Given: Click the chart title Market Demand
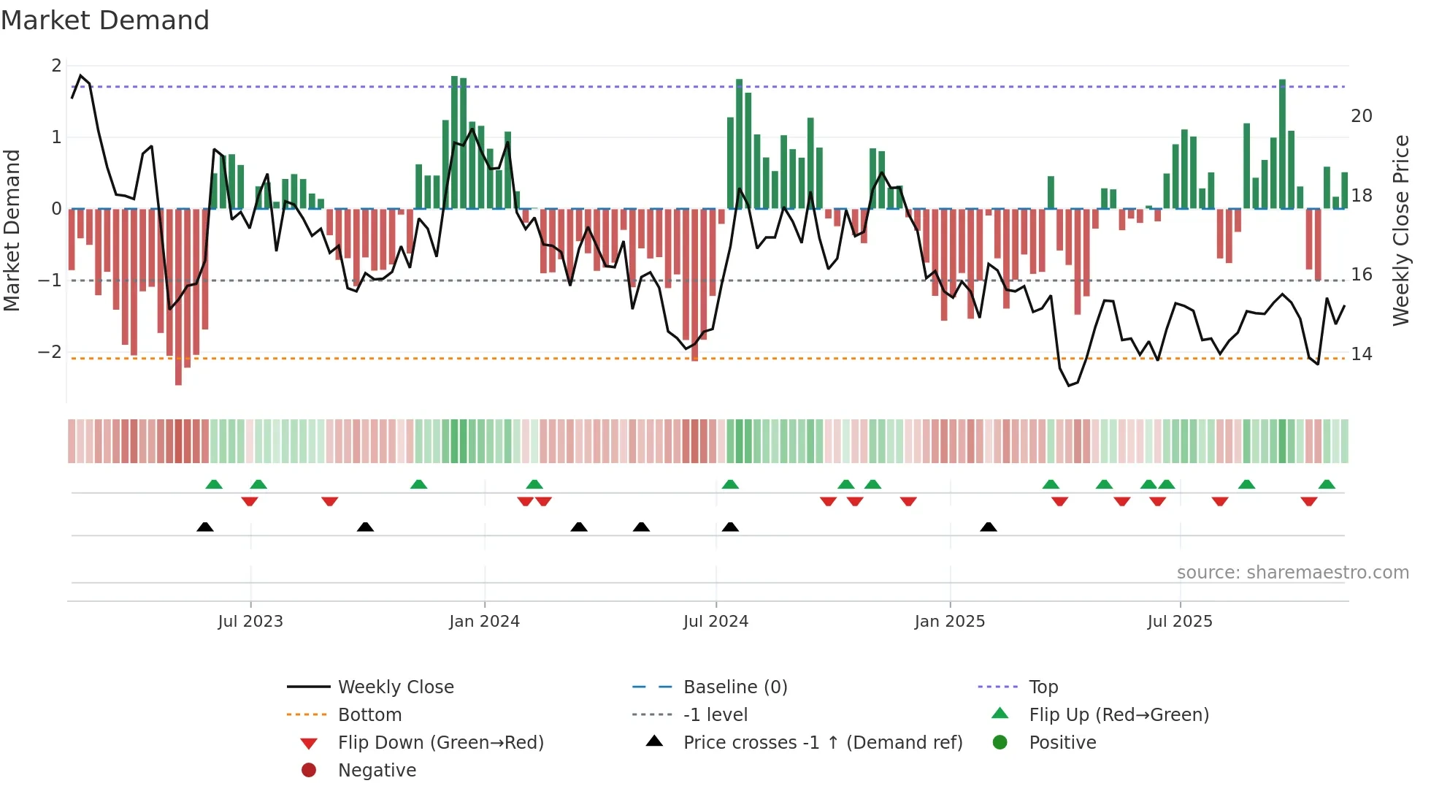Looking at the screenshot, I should tap(105, 20).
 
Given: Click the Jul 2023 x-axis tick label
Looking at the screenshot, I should tap(250, 622).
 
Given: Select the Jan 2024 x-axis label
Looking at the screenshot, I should tap(484, 622).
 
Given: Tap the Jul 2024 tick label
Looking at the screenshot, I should tap(715, 622).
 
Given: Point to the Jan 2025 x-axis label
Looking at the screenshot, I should tap(949, 622).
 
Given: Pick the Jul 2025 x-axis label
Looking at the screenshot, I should tap(1180, 622).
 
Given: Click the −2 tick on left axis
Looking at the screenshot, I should tap(50, 352).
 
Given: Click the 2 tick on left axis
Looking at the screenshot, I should tap(56, 66).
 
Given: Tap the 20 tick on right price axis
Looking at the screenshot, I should tap(1362, 116).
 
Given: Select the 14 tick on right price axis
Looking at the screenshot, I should tap(1362, 354).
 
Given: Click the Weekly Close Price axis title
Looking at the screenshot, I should tap(1400, 230).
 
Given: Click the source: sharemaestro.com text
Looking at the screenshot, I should tap(1292, 573).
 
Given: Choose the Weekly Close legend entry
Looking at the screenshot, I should tap(395, 687).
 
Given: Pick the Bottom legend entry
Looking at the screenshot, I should tap(369, 715).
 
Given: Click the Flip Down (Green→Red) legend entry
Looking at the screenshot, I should tap(440, 743).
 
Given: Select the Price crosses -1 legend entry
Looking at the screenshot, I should tap(822, 743).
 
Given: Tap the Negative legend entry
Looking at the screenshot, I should tap(377, 771).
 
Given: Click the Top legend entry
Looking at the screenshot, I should tap(1043, 687).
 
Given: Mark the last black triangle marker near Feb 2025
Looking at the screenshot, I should tap(989, 527).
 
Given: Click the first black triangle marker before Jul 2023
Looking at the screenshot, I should tap(205, 527).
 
